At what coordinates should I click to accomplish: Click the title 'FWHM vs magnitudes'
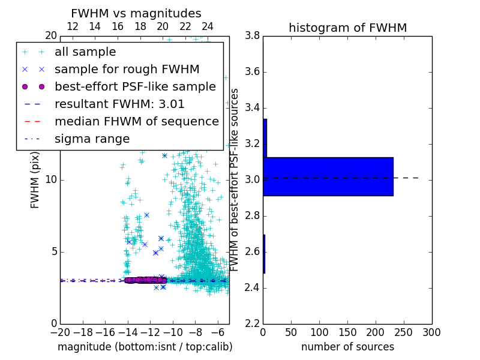click(136, 13)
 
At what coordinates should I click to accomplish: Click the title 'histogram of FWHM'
click(347, 28)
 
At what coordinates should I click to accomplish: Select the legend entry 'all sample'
click(85, 52)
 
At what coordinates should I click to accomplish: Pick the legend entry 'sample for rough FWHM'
click(119, 69)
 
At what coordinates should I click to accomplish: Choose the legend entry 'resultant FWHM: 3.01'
click(119, 104)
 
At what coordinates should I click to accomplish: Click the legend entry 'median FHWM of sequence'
click(137, 121)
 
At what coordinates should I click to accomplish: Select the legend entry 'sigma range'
click(92, 139)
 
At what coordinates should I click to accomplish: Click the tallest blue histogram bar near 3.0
click(328, 176)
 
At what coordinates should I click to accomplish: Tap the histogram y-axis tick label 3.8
click(253, 36)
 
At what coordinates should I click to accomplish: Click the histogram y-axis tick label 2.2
click(253, 324)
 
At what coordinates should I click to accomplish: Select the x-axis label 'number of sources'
click(347, 347)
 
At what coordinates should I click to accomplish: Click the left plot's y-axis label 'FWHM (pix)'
click(35, 179)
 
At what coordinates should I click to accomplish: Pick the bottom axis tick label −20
click(60, 332)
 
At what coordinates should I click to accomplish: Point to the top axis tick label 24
click(208, 26)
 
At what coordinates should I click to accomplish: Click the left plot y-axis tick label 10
click(50, 180)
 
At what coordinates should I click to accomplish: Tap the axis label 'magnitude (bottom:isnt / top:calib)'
click(145, 347)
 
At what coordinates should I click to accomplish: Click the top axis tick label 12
click(73, 26)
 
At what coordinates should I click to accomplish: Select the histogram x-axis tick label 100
click(319, 332)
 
